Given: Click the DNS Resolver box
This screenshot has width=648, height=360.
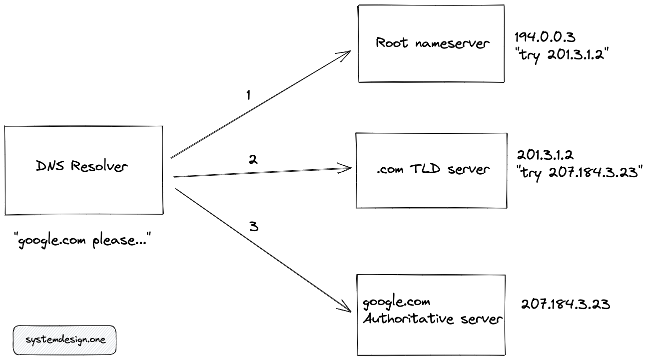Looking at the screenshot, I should click(x=83, y=170).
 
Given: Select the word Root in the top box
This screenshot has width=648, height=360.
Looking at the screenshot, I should click(x=392, y=43).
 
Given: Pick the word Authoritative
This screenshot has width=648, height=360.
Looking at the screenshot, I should click(x=404, y=319).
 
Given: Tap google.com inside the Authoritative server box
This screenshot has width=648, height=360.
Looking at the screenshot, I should click(x=396, y=302).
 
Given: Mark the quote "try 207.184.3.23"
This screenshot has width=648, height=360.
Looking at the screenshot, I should click(x=579, y=172).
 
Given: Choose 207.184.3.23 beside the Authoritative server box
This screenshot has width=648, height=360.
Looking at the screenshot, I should click(x=565, y=304).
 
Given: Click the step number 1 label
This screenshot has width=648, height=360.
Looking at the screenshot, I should click(x=248, y=95).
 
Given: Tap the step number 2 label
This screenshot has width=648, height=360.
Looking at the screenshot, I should click(x=253, y=160).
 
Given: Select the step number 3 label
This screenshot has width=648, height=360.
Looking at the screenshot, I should click(x=253, y=227).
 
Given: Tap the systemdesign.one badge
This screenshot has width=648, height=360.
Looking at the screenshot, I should click(x=64, y=340).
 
